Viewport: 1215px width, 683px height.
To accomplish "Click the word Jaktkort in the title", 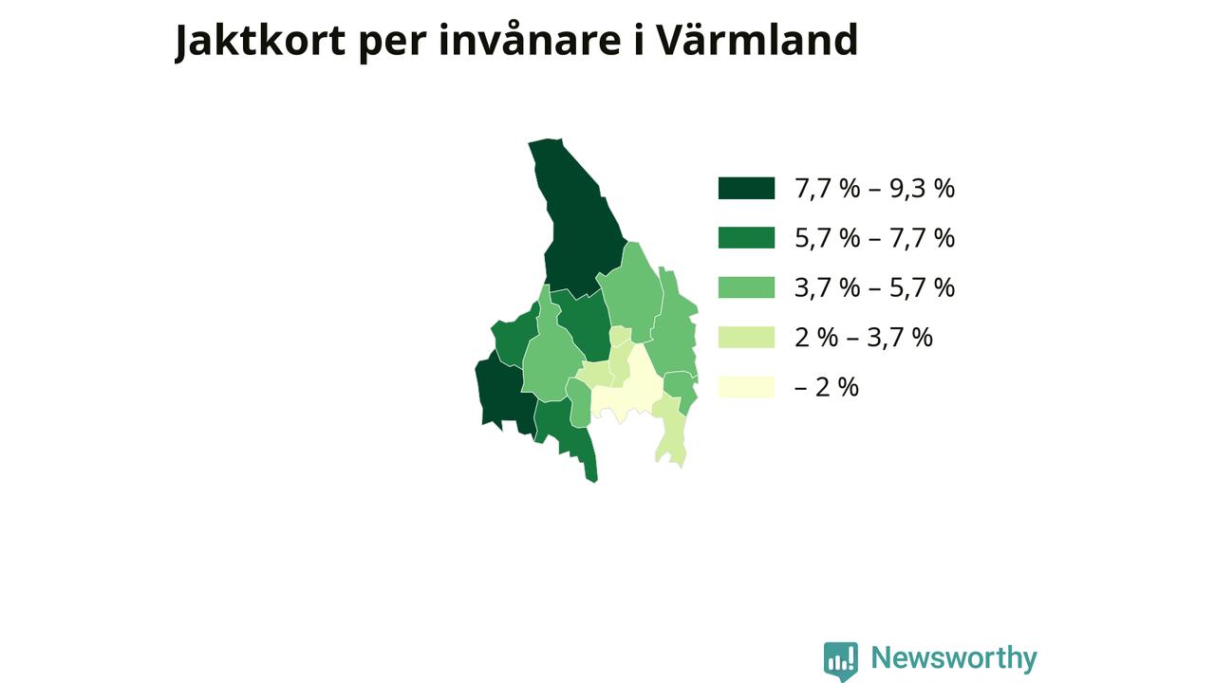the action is pos(260,41).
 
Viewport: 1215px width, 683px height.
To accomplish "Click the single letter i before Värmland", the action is pos(639,40).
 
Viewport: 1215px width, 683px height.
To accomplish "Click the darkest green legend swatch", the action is pos(746,188).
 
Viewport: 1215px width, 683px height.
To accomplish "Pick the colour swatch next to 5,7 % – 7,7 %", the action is pos(746,237).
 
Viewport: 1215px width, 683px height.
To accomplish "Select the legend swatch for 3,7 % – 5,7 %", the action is pos(746,287).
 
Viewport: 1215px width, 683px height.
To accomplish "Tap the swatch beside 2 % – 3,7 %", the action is pos(746,337).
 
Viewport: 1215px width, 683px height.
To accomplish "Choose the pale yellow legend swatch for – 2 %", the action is pos(746,387).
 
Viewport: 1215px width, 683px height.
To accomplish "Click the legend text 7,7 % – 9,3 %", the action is pos(874,189).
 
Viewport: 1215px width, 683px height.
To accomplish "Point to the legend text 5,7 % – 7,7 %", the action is pos(874,238).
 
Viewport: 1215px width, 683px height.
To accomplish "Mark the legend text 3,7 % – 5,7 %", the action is pos(874,287).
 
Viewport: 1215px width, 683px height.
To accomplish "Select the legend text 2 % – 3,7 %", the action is pos(864,338).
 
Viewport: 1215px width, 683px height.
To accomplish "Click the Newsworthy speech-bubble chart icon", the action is pos(841,661).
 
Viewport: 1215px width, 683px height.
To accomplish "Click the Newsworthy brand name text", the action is pos(954,658).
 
